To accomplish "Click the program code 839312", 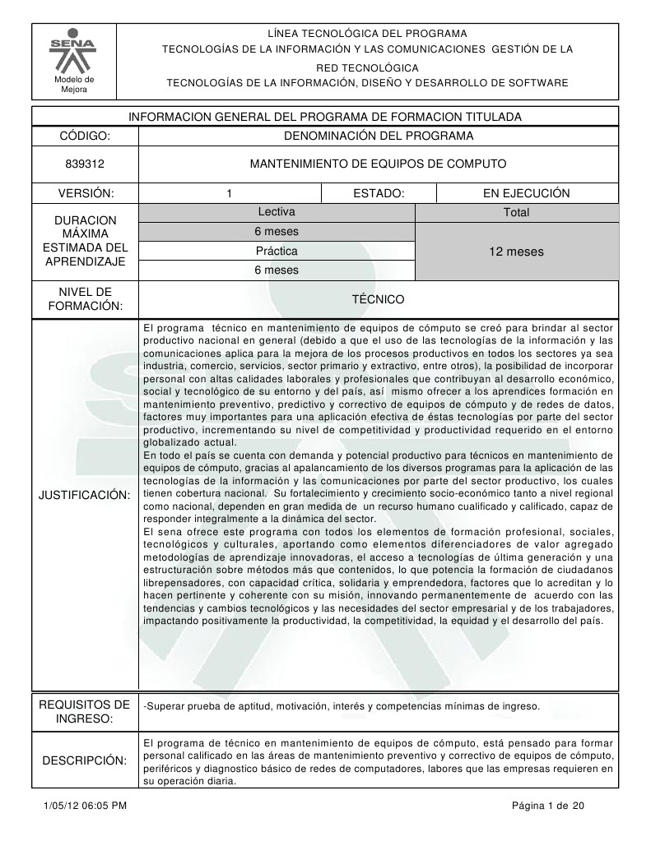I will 85,164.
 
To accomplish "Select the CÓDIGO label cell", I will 85,135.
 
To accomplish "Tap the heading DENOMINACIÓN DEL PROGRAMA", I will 378,135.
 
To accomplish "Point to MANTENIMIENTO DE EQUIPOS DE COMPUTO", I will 378,164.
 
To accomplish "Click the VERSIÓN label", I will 85,193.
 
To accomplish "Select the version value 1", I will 229,193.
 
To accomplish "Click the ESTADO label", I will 377,193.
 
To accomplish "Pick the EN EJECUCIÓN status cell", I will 526,193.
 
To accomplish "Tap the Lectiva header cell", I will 277,212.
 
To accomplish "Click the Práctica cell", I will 277,251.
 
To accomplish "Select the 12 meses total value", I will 516,252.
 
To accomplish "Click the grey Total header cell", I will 516,213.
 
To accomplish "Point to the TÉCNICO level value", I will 378,299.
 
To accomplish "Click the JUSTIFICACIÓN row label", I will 85,495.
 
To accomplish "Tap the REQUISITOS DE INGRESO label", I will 85,712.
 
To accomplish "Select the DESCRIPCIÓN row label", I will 85,760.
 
